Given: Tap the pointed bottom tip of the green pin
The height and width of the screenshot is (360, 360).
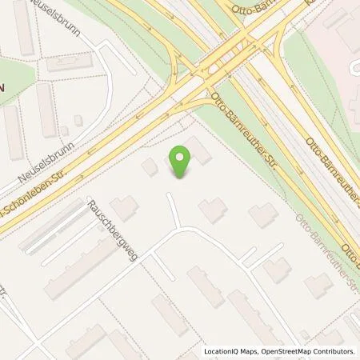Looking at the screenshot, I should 182,178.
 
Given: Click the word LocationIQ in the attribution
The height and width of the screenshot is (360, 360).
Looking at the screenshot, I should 224,351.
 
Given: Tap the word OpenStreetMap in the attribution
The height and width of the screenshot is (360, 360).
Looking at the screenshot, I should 290,351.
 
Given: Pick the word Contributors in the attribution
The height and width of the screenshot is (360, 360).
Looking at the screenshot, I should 336,351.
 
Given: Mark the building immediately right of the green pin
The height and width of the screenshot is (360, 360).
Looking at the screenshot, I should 199,150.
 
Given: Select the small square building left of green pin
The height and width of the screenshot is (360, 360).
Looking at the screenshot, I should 150,166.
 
